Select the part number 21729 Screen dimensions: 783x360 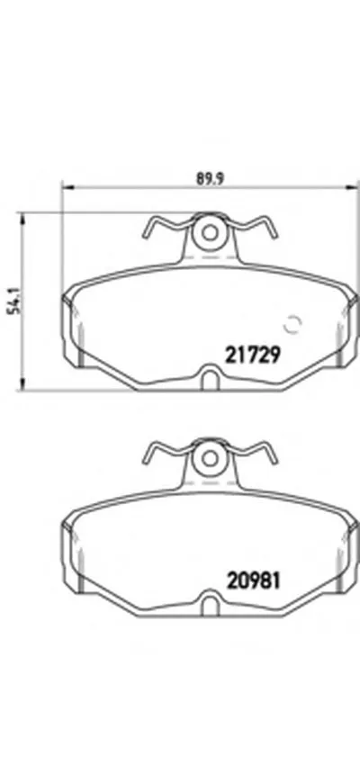point(254,354)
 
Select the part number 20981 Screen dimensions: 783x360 point(254,580)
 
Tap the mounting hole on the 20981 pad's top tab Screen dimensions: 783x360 point(211,458)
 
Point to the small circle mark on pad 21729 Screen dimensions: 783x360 point(291,323)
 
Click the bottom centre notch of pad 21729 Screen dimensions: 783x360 point(211,379)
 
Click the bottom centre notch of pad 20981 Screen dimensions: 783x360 point(211,604)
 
